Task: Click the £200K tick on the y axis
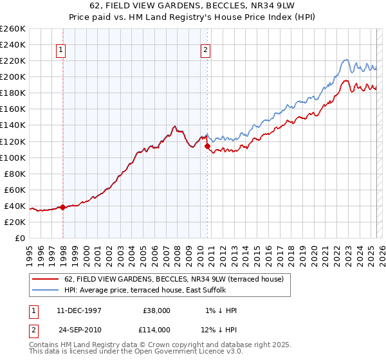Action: [x=12, y=76]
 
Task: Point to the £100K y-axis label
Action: [x=12, y=157]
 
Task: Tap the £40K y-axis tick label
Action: [x=14, y=206]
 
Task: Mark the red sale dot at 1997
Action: [x=63, y=207]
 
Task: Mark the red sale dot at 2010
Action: [x=208, y=146]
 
